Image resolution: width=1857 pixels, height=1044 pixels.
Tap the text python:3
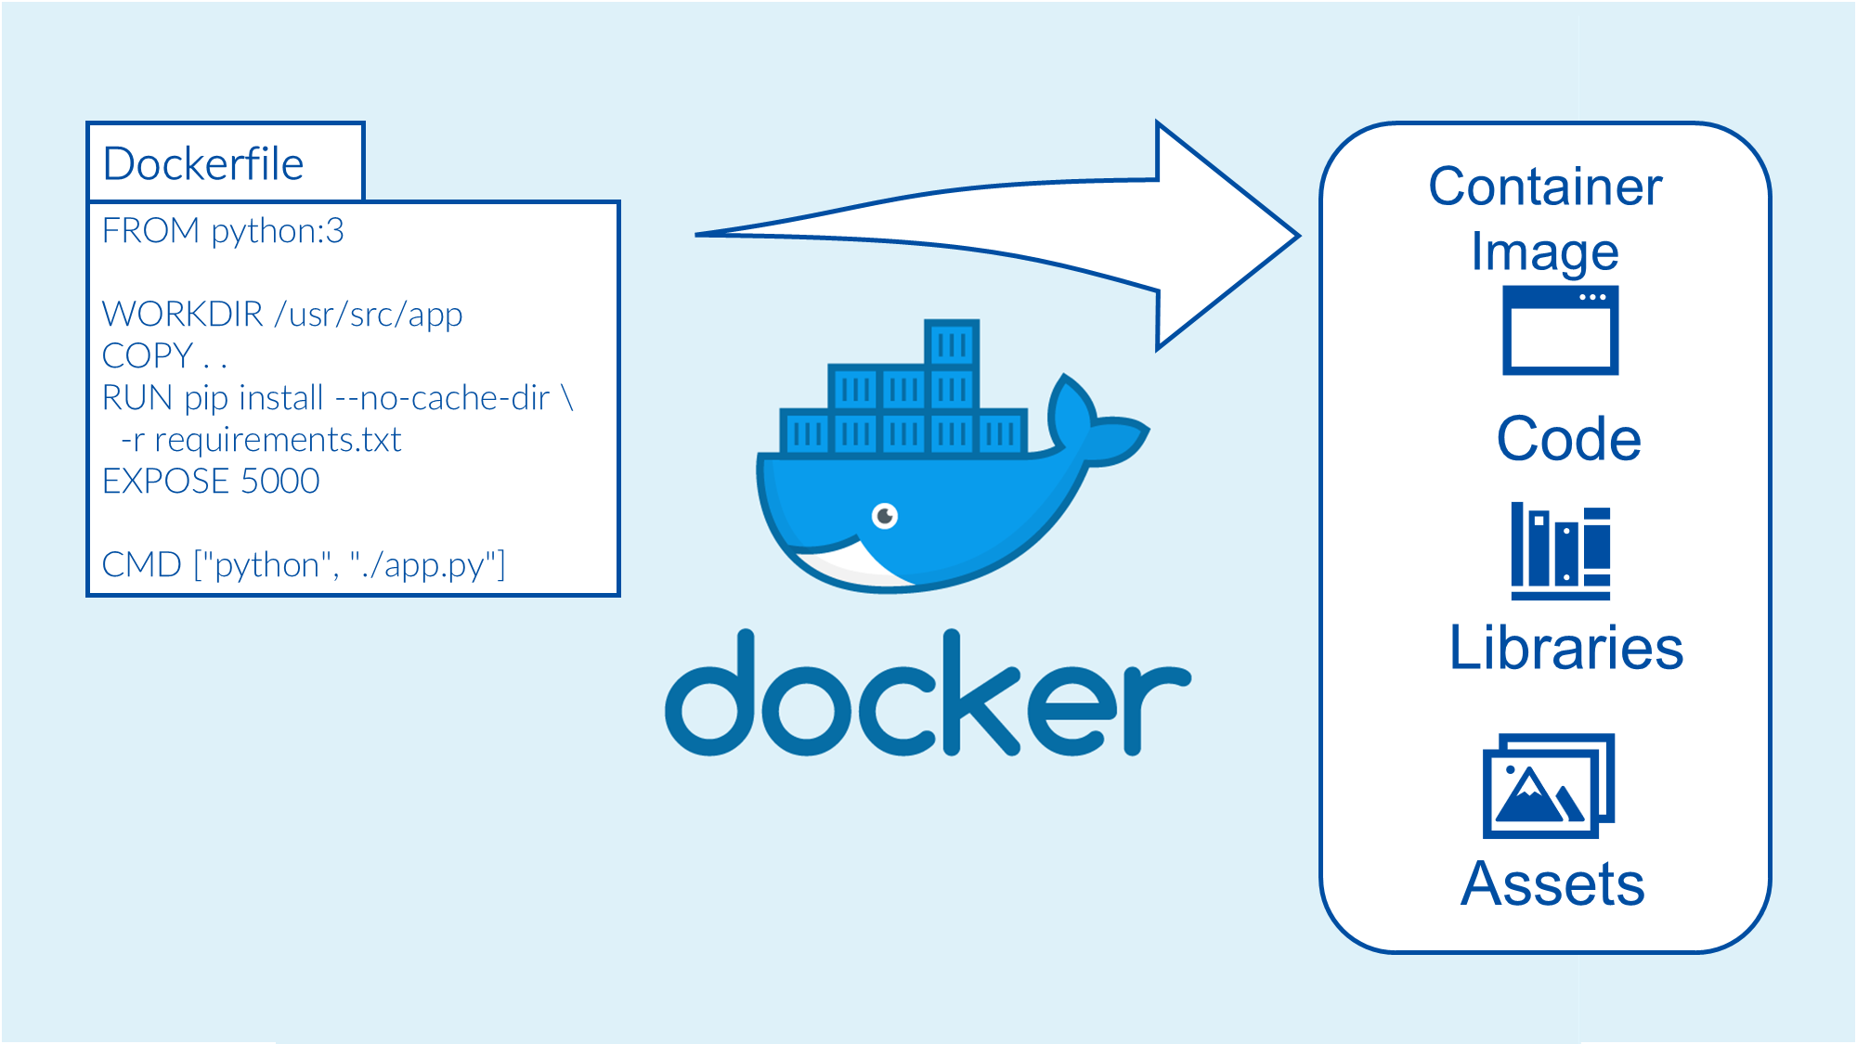[277, 231]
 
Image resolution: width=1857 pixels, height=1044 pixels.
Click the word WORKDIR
[182, 315]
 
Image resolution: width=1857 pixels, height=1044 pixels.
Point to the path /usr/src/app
[369, 315]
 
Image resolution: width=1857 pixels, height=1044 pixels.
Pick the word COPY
[147, 356]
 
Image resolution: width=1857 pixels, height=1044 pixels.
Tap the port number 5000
[279, 482]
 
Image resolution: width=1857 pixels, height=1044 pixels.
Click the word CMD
[141, 565]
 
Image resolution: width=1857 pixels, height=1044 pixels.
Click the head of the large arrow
[1226, 236]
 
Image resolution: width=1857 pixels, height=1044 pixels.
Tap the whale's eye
[885, 515]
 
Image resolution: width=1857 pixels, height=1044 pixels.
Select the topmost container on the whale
[952, 344]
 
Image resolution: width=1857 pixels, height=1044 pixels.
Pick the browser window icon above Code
[1560, 330]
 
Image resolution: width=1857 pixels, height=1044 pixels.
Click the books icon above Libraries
[1560, 551]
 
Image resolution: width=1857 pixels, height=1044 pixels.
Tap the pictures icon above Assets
[1548, 785]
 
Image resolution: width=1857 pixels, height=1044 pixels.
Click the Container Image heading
[1545, 218]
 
